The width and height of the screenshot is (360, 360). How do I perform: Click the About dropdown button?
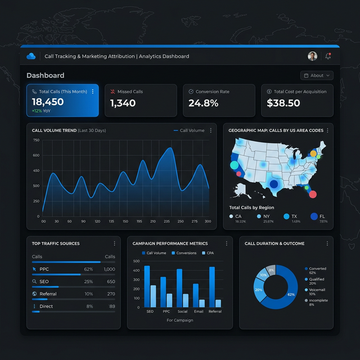pos(317,75)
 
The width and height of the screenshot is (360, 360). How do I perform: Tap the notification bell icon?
pos(328,56)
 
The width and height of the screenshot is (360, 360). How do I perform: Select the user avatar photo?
pos(313,56)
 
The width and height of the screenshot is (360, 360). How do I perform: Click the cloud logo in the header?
pos(31,56)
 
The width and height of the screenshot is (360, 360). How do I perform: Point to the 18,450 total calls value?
pos(48,102)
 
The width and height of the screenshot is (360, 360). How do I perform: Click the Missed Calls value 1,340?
pos(123,103)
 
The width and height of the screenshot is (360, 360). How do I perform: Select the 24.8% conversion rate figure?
pos(203,103)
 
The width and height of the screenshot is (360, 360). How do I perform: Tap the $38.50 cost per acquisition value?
pos(283,103)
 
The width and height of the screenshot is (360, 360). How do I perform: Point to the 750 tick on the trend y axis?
pos(36,170)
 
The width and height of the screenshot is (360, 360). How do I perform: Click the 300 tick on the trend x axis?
pos(208,222)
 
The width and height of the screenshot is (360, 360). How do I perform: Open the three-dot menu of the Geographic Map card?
pos(327,130)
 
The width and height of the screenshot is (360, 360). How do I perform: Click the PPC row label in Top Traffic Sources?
pos(44,269)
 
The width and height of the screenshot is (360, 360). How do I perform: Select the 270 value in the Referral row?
pos(111,294)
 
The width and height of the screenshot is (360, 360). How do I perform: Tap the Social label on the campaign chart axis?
pos(182,312)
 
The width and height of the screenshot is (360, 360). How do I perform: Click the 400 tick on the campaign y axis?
pos(136,271)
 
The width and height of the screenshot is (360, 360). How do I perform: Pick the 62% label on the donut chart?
pos(291,295)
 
